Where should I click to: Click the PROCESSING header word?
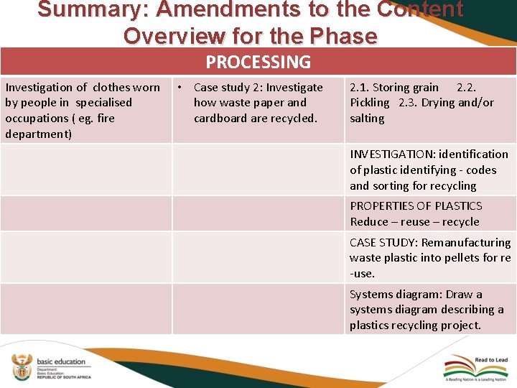pos(258,63)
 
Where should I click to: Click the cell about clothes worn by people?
pos(83,111)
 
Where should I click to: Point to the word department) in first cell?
pos(38,134)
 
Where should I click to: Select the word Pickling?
pos(369,103)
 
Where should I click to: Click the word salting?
pos(367,119)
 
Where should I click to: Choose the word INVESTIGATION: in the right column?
pos(393,154)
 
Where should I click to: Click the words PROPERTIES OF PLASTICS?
pos(416,206)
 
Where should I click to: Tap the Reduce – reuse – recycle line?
pos(414,222)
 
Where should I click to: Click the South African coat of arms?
pos(22,367)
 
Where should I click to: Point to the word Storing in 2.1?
pos(392,88)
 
